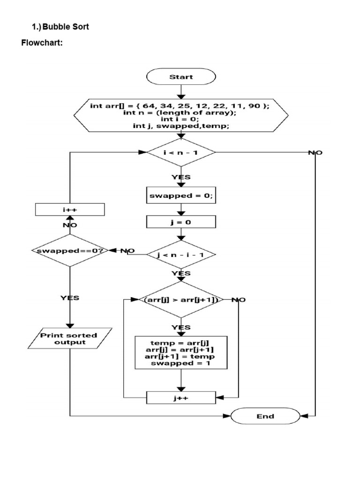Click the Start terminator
(181, 77)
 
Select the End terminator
(265, 416)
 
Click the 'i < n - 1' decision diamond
(181, 152)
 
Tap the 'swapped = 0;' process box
(181, 196)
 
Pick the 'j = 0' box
(181, 222)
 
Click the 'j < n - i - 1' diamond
(181, 255)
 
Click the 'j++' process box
(181, 397)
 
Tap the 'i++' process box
(70, 210)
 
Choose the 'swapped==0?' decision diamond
(70, 251)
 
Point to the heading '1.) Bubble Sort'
(60, 27)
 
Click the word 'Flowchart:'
(42, 44)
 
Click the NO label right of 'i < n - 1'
(315, 153)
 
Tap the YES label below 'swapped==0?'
(70, 298)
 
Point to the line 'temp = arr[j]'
(181, 343)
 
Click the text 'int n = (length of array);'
(180, 113)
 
